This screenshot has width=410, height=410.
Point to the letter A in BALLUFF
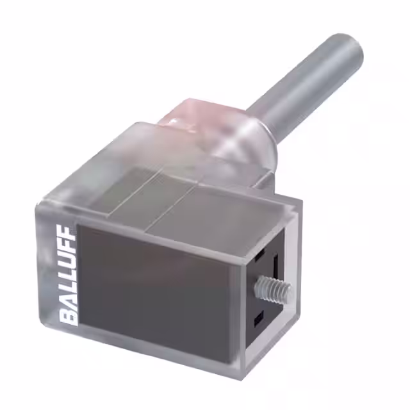click(69, 302)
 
